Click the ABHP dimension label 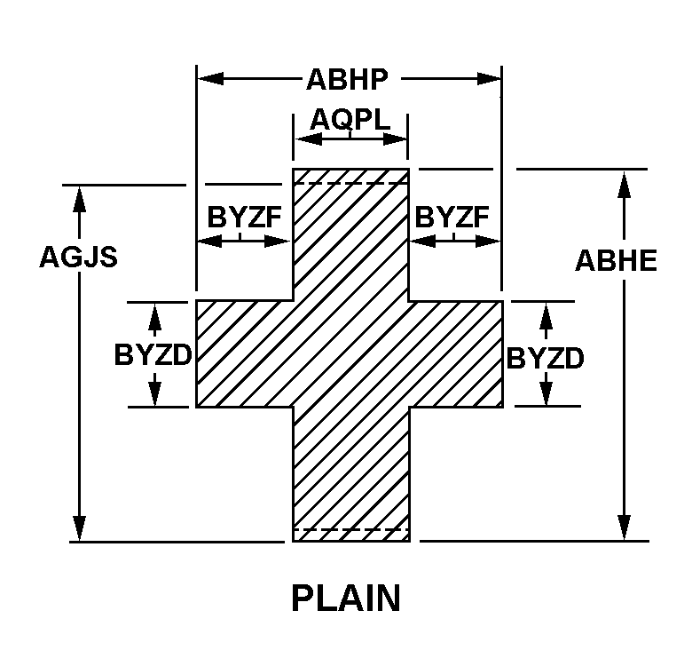coord(347,80)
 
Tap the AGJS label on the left coord(79,256)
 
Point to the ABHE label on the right coord(617,260)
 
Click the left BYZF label coord(239,218)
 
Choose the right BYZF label coord(452,218)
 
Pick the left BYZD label coord(153,354)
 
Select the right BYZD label coord(546,358)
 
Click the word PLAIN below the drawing coord(346,598)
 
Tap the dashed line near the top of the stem coord(350,183)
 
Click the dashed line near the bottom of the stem coord(350,529)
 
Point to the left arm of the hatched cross coord(244,353)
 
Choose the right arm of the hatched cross coord(457,353)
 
